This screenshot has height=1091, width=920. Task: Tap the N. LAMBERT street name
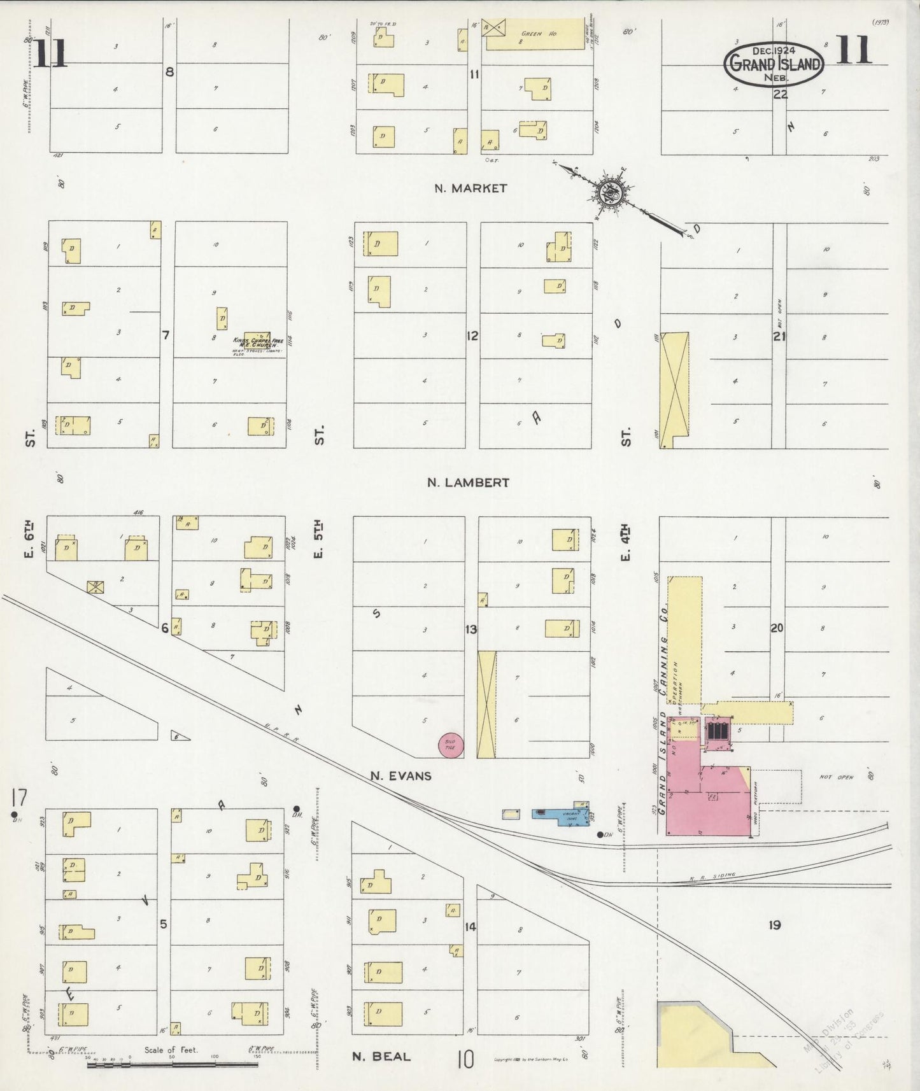click(468, 482)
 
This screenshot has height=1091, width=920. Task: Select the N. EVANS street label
click(401, 776)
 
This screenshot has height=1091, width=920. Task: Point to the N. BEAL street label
click(381, 1056)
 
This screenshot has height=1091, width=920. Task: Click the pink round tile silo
click(451, 745)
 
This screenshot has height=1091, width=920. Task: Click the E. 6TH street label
click(31, 539)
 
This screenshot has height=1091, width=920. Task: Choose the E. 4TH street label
click(625, 542)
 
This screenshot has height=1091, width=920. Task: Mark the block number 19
click(774, 925)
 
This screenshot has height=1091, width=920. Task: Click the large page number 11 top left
click(50, 53)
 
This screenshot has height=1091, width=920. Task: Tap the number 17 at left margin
click(18, 797)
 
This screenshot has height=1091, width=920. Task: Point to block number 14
click(470, 926)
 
